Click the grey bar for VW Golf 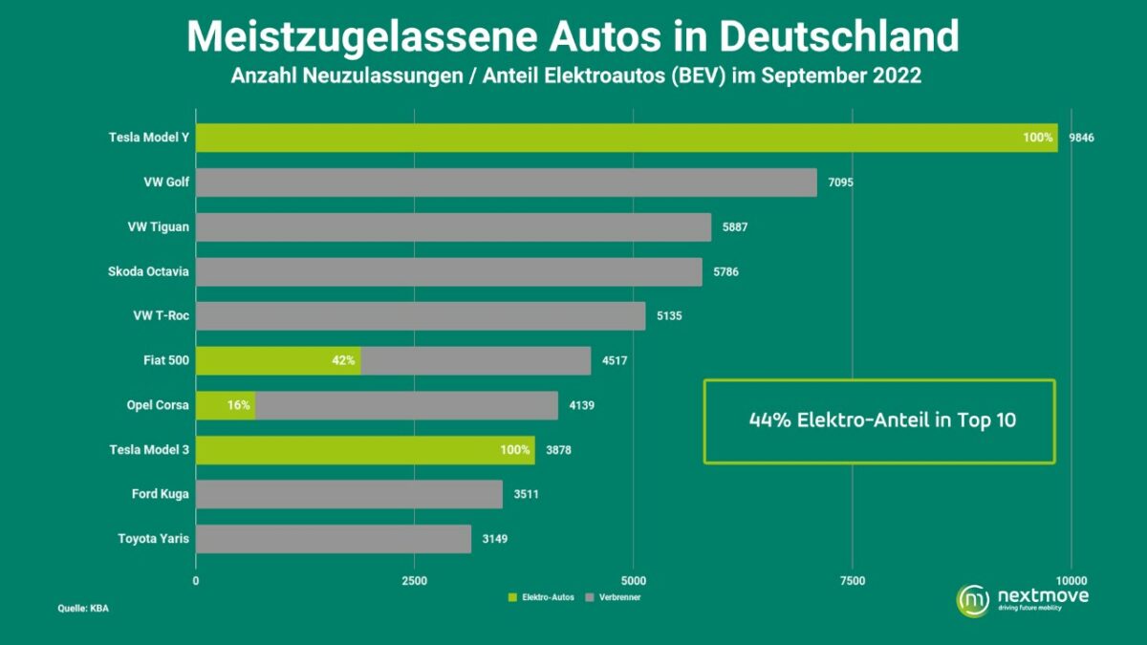(x=507, y=183)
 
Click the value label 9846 (x=1081, y=138)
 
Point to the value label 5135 (x=668, y=316)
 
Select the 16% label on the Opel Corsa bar (x=238, y=405)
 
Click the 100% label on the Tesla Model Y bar (x=1037, y=138)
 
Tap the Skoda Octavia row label (x=148, y=271)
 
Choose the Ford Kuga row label (x=160, y=494)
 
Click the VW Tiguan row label (x=158, y=227)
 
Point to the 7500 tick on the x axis (x=852, y=580)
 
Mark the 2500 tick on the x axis (x=414, y=580)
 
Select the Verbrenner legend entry (x=620, y=597)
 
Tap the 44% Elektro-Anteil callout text (x=879, y=420)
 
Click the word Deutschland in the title (x=838, y=36)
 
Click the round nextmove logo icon (x=973, y=599)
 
